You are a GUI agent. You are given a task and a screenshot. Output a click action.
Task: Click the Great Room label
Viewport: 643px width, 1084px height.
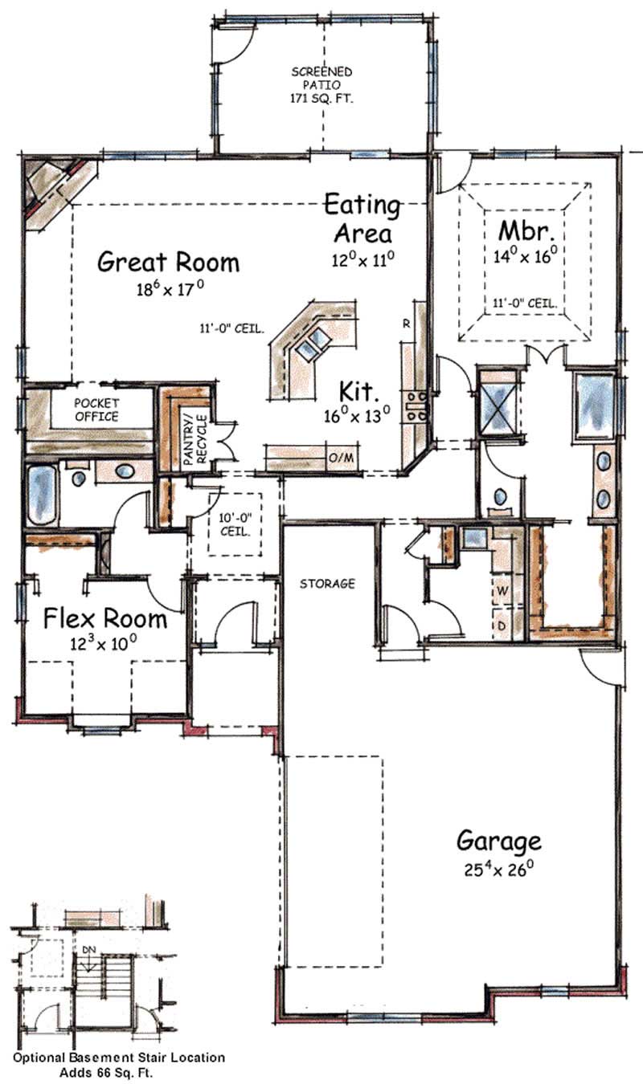pyautogui.click(x=168, y=262)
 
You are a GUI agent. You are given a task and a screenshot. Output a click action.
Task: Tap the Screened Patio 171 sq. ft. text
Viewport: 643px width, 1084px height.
pyautogui.click(x=322, y=84)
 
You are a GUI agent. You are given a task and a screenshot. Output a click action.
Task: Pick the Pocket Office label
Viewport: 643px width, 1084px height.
pyautogui.click(x=96, y=410)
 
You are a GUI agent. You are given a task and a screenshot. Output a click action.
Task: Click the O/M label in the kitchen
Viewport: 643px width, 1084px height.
pyautogui.click(x=337, y=459)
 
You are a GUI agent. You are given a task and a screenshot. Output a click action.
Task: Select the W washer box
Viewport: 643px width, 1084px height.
pyautogui.click(x=502, y=590)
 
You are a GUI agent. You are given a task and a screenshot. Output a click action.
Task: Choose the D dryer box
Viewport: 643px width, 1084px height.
pyautogui.click(x=502, y=624)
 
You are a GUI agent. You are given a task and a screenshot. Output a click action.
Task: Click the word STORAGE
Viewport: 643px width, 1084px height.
pyautogui.click(x=327, y=584)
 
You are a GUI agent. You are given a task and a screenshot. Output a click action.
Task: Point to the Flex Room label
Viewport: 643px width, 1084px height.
pyautogui.click(x=105, y=619)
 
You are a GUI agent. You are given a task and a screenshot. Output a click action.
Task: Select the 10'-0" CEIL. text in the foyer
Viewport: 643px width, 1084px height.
pyautogui.click(x=234, y=524)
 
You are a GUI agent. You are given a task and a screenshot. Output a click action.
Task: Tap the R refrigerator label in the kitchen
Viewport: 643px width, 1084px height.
pyautogui.click(x=408, y=322)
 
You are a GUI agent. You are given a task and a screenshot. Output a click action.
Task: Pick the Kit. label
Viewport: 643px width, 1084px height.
pyautogui.click(x=358, y=392)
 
